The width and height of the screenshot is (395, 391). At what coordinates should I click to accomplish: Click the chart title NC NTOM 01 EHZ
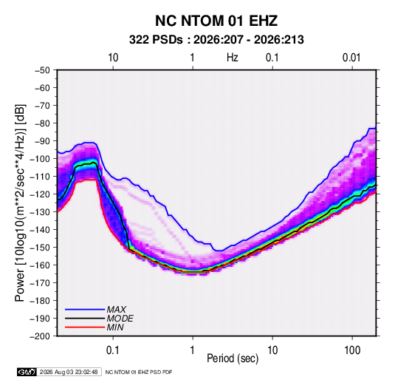216,21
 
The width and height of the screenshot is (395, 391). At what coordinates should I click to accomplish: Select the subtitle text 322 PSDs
156,40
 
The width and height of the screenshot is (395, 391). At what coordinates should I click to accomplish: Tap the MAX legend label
117,309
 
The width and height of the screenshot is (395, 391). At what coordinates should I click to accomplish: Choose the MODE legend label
120,319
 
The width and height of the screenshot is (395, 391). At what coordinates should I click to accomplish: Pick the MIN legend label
115,327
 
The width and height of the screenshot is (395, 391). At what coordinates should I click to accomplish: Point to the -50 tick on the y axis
42,70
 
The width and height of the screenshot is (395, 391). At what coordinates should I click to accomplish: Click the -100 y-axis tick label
40,159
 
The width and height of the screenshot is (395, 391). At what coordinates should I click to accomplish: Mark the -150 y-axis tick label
40,248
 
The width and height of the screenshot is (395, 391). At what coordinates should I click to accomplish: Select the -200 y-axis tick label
40,336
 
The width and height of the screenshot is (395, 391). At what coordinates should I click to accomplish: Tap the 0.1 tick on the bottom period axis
113,350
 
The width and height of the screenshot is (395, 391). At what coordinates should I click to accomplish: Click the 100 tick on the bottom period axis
352,350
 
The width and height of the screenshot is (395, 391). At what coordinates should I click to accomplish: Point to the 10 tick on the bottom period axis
272,350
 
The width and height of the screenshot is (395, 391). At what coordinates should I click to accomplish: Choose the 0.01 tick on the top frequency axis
351,58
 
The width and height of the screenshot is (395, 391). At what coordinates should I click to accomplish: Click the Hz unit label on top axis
233,58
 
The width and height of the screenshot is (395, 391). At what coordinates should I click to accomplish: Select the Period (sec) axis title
233,358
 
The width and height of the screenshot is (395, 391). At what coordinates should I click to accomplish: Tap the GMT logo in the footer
27,372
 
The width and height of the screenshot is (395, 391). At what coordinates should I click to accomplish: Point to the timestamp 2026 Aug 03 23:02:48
69,372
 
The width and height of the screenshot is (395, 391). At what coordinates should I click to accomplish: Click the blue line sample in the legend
85,309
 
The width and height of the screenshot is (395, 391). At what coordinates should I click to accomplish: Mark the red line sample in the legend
85,327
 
